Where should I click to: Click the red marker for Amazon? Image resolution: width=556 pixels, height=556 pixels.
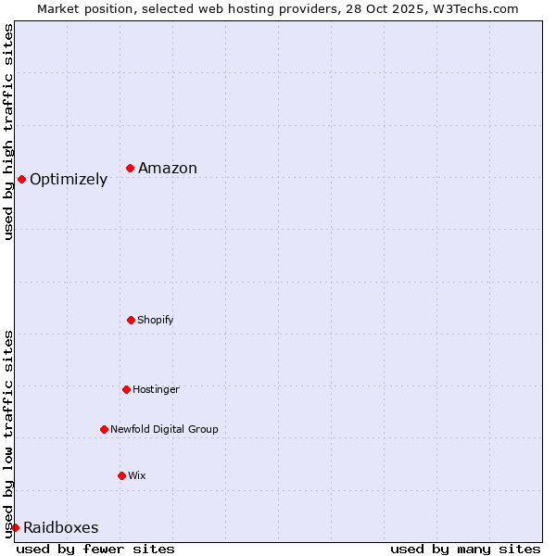pyautogui.click(x=131, y=168)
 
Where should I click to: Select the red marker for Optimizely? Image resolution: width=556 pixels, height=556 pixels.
pyautogui.click(x=21, y=179)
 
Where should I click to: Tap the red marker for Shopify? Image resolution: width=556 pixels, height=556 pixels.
pyautogui.click(x=131, y=320)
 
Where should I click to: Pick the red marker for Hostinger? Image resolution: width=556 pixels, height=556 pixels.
pyautogui.click(x=126, y=389)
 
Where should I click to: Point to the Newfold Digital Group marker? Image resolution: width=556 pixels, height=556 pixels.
pyautogui.click(x=104, y=429)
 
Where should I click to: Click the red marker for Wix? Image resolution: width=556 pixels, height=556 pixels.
pyautogui.click(x=121, y=475)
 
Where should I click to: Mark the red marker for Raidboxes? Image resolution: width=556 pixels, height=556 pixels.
pyautogui.click(x=15, y=527)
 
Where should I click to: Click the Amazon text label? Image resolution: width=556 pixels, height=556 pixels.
pyautogui.click(x=168, y=168)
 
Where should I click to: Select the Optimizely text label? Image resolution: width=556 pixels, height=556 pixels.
pyautogui.click(x=69, y=180)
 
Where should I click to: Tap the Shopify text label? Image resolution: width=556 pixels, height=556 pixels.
pyautogui.click(x=156, y=320)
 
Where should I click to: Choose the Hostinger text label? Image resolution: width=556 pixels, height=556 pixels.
pyautogui.click(x=156, y=389)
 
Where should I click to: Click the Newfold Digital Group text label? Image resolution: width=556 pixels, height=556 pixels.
pyautogui.click(x=164, y=429)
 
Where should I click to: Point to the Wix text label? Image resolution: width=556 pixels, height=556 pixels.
pyautogui.click(x=137, y=475)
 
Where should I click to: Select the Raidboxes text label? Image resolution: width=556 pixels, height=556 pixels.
pyautogui.click(x=61, y=528)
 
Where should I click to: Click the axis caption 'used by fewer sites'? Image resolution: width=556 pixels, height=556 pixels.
pyautogui.click(x=95, y=549)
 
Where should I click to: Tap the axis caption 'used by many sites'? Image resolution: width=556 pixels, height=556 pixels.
pyautogui.click(x=465, y=549)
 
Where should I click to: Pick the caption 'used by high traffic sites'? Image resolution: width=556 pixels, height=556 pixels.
pyautogui.click(x=8, y=132)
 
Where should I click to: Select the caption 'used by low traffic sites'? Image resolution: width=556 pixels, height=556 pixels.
pyautogui.click(x=8, y=433)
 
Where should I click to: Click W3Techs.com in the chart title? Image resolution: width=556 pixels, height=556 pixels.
pyautogui.click(x=473, y=8)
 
